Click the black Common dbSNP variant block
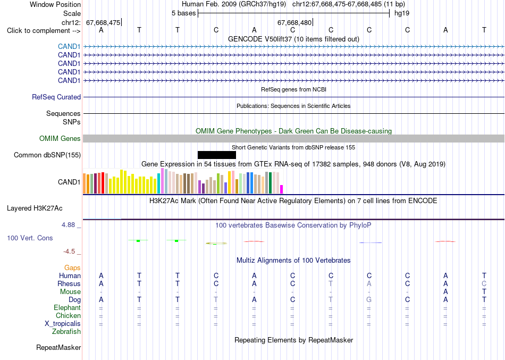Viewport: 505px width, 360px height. [x=217, y=155]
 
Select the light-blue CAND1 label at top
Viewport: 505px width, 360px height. [x=69, y=46]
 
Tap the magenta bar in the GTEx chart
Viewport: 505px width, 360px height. [x=282, y=189]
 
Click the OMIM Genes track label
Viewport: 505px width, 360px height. [x=60, y=139]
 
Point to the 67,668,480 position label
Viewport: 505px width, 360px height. [x=294, y=22]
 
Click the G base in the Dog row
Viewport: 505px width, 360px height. [x=369, y=300]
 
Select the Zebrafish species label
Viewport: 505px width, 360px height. [x=66, y=331]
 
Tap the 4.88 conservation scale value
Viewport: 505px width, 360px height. [x=68, y=224]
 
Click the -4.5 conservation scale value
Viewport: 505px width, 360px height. [x=69, y=252]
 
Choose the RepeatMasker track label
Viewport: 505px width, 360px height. [x=58, y=347]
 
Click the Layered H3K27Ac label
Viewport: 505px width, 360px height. [x=35, y=208]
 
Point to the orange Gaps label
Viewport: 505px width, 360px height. [x=72, y=268]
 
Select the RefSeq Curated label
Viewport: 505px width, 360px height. [x=56, y=97]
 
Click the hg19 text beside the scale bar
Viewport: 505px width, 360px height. [x=402, y=13]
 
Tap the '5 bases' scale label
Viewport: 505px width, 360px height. [x=183, y=13]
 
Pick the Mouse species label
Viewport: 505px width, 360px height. [x=70, y=292]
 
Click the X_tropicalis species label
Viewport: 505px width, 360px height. [x=63, y=324]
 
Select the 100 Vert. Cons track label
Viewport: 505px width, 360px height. [x=30, y=238]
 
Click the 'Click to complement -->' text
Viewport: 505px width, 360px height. [x=44, y=31]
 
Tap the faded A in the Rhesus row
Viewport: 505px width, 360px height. [x=369, y=283]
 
